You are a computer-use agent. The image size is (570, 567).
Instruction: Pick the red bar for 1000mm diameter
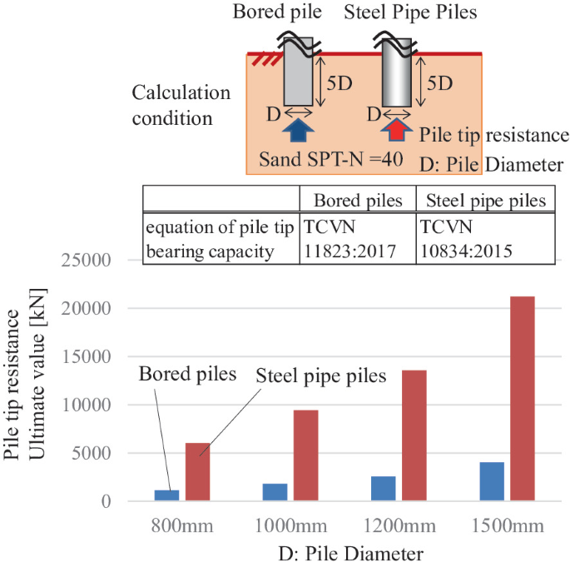305,455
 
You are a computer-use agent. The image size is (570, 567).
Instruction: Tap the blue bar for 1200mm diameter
384,489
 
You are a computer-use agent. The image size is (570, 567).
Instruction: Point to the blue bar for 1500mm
492,481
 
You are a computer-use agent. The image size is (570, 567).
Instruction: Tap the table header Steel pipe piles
485,201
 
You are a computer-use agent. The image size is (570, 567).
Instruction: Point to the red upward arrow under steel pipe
397,131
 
